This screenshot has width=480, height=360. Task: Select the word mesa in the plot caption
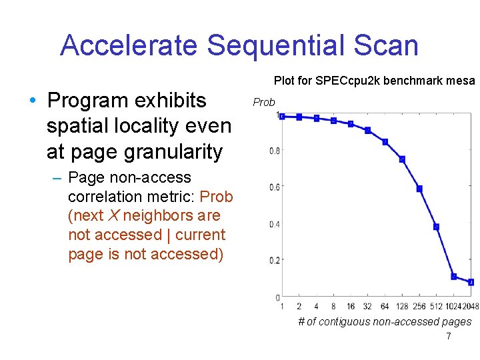pos(461,81)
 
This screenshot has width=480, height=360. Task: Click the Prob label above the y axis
pos(264,103)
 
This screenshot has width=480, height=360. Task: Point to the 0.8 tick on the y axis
pos(274,151)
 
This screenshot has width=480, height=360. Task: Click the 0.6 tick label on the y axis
pos(274,188)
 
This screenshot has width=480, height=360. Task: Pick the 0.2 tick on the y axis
pos(274,261)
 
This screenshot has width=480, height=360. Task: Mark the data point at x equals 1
pos(282,116)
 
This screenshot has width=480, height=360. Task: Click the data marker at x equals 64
pos(385,142)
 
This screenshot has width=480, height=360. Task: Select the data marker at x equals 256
pos(419,189)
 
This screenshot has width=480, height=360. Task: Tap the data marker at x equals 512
pos(436,227)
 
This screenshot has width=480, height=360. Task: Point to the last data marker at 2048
pos(471,282)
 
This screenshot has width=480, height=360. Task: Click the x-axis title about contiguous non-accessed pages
pos(384,322)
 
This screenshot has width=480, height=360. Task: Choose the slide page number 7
pos(448,337)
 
